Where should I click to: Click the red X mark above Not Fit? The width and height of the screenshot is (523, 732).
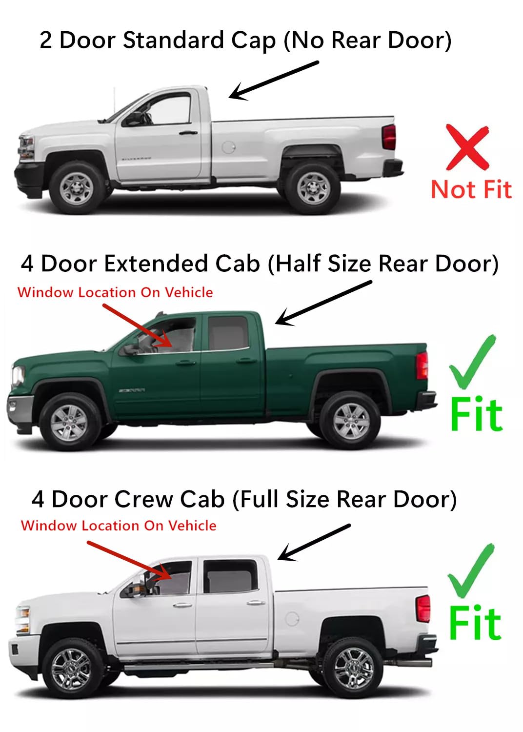pyautogui.click(x=467, y=147)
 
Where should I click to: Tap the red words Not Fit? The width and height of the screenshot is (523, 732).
pyautogui.click(x=471, y=189)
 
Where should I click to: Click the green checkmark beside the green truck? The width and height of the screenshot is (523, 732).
pyautogui.click(x=471, y=362)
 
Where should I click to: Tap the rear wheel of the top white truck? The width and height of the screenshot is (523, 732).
pyautogui.click(x=312, y=188)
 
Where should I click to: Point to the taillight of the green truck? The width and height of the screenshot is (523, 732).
pyautogui.click(x=422, y=365)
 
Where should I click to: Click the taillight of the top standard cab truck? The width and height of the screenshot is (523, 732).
pyautogui.click(x=389, y=137)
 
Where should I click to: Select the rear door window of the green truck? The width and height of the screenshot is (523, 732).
pyautogui.click(x=228, y=333)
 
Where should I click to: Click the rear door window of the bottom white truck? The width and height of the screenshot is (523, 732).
pyautogui.click(x=230, y=576)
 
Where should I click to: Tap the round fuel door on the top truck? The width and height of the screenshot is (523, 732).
pyautogui.click(x=228, y=146)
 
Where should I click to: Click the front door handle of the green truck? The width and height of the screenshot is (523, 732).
pyautogui.click(x=185, y=363)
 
